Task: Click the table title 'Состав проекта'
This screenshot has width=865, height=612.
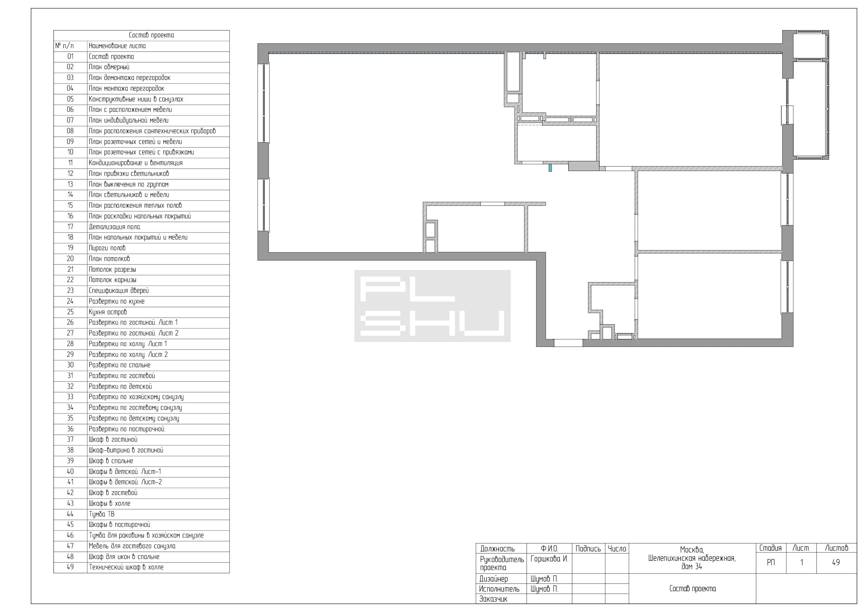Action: (x=152, y=35)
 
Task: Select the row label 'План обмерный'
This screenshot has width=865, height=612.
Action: (x=109, y=67)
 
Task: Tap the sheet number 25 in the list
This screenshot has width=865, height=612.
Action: (x=70, y=312)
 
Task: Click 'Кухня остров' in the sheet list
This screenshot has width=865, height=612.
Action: (x=108, y=312)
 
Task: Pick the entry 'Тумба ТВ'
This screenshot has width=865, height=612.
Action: (x=102, y=514)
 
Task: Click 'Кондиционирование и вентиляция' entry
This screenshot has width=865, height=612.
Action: (x=136, y=163)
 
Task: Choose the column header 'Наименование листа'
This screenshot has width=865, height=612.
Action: (x=117, y=46)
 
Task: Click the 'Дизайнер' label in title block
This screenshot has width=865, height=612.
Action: (x=493, y=579)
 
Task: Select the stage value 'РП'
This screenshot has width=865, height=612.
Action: (x=771, y=562)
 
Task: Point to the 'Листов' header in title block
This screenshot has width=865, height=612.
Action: (x=836, y=548)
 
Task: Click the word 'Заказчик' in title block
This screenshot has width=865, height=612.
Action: (x=493, y=599)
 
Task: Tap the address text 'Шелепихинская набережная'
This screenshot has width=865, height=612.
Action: (x=692, y=558)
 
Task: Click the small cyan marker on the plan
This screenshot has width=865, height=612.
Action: (x=550, y=167)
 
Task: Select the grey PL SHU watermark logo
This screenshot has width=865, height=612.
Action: (x=432, y=306)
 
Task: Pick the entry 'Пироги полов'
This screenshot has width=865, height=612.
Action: (x=107, y=248)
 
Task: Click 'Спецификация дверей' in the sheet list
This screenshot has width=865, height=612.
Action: (x=119, y=291)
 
